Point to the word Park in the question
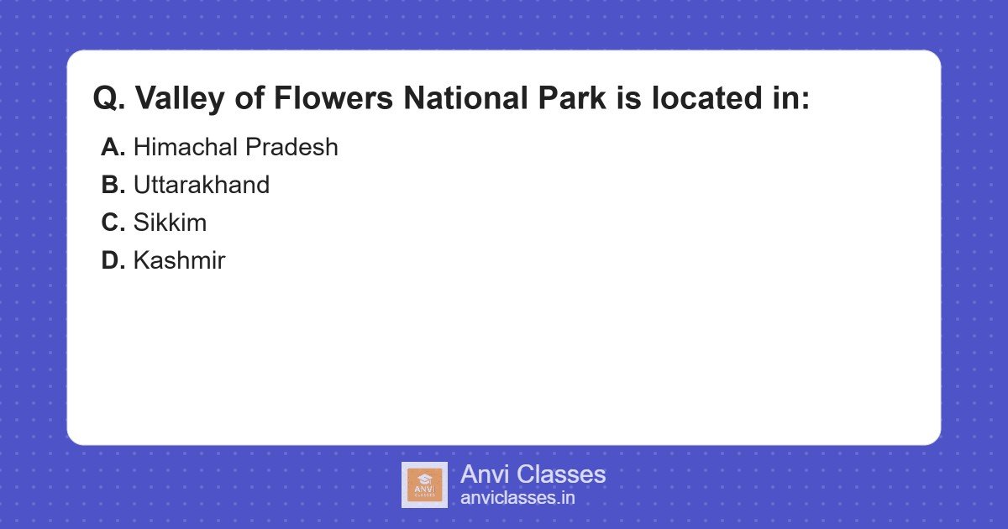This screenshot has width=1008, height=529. pyautogui.click(x=567, y=99)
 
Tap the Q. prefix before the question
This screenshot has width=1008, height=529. pyautogui.click(x=109, y=99)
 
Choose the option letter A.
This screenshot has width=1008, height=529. pyautogui.click(x=113, y=148)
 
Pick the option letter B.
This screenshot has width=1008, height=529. pyautogui.click(x=113, y=186)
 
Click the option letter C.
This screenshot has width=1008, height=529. pyautogui.click(x=113, y=223)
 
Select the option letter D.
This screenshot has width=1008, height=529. pyautogui.click(x=113, y=261)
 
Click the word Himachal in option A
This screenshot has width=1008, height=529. pyautogui.click(x=186, y=148)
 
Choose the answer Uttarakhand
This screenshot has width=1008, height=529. pyautogui.click(x=202, y=186)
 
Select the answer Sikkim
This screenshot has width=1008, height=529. pyautogui.click(x=170, y=223)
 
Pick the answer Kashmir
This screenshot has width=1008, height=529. pyautogui.click(x=179, y=261)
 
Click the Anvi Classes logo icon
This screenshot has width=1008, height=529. pyautogui.click(x=424, y=484)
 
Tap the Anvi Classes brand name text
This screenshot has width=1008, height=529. pyautogui.click(x=533, y=474)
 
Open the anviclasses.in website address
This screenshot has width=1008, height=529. pyautogui.click(x=517, y=498)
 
